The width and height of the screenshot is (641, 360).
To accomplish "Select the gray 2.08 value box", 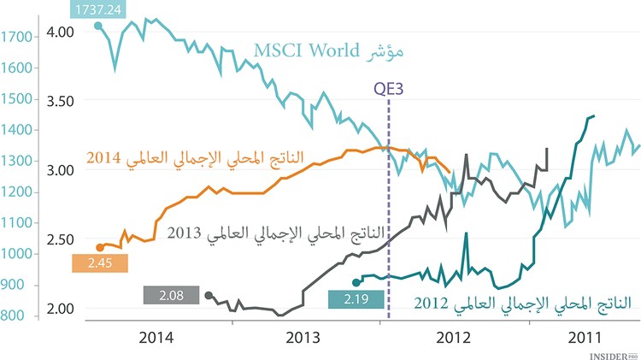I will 173,296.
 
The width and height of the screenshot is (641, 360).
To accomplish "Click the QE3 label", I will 390,88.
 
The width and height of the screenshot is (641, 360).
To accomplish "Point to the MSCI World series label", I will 328,52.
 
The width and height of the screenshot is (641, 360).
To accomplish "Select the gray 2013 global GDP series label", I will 277,233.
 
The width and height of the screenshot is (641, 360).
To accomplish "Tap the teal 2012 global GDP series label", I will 522,303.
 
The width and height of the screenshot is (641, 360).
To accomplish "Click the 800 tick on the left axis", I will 13,316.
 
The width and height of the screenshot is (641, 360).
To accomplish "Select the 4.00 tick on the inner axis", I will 61,31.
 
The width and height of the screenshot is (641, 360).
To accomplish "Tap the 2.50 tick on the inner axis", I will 61,239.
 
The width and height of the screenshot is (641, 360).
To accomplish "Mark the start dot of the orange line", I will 100,247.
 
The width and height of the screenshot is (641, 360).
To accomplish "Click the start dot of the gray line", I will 209,296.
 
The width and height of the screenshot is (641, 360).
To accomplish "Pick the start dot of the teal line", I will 356,281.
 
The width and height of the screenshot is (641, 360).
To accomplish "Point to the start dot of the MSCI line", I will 98,27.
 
